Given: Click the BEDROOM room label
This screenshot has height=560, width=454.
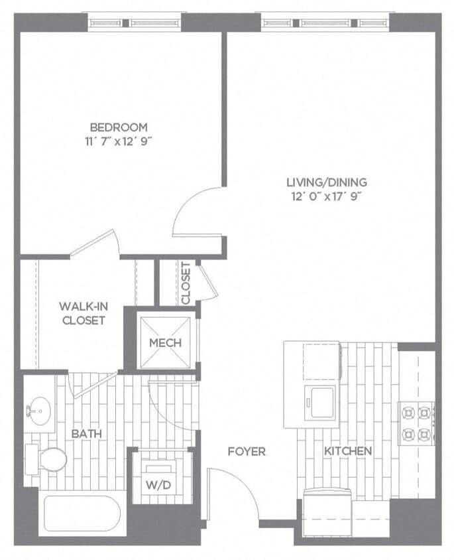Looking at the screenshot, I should point(119,127).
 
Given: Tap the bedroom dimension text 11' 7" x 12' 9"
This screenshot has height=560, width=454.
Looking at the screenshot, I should point(119,140).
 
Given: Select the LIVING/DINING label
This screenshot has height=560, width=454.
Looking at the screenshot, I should point(327,182).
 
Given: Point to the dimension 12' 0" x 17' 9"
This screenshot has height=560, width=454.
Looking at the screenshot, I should point(327,196).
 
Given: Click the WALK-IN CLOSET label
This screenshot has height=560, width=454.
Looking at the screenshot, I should point(83,313).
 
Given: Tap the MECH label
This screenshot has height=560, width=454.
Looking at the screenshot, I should point(165,342).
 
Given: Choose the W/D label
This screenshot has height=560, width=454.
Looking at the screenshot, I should point(158,484).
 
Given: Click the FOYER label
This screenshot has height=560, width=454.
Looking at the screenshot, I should point(247,452).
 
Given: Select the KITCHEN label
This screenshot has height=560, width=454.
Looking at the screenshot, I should point(347,451).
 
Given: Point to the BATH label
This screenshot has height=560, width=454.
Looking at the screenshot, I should point(86,433).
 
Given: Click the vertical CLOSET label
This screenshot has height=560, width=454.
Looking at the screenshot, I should point(186,283).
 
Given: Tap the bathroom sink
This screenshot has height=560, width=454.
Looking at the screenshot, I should point(40,410).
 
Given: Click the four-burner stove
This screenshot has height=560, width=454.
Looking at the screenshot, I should point(416,423).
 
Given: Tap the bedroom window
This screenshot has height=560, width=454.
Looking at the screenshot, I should point(135,23).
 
